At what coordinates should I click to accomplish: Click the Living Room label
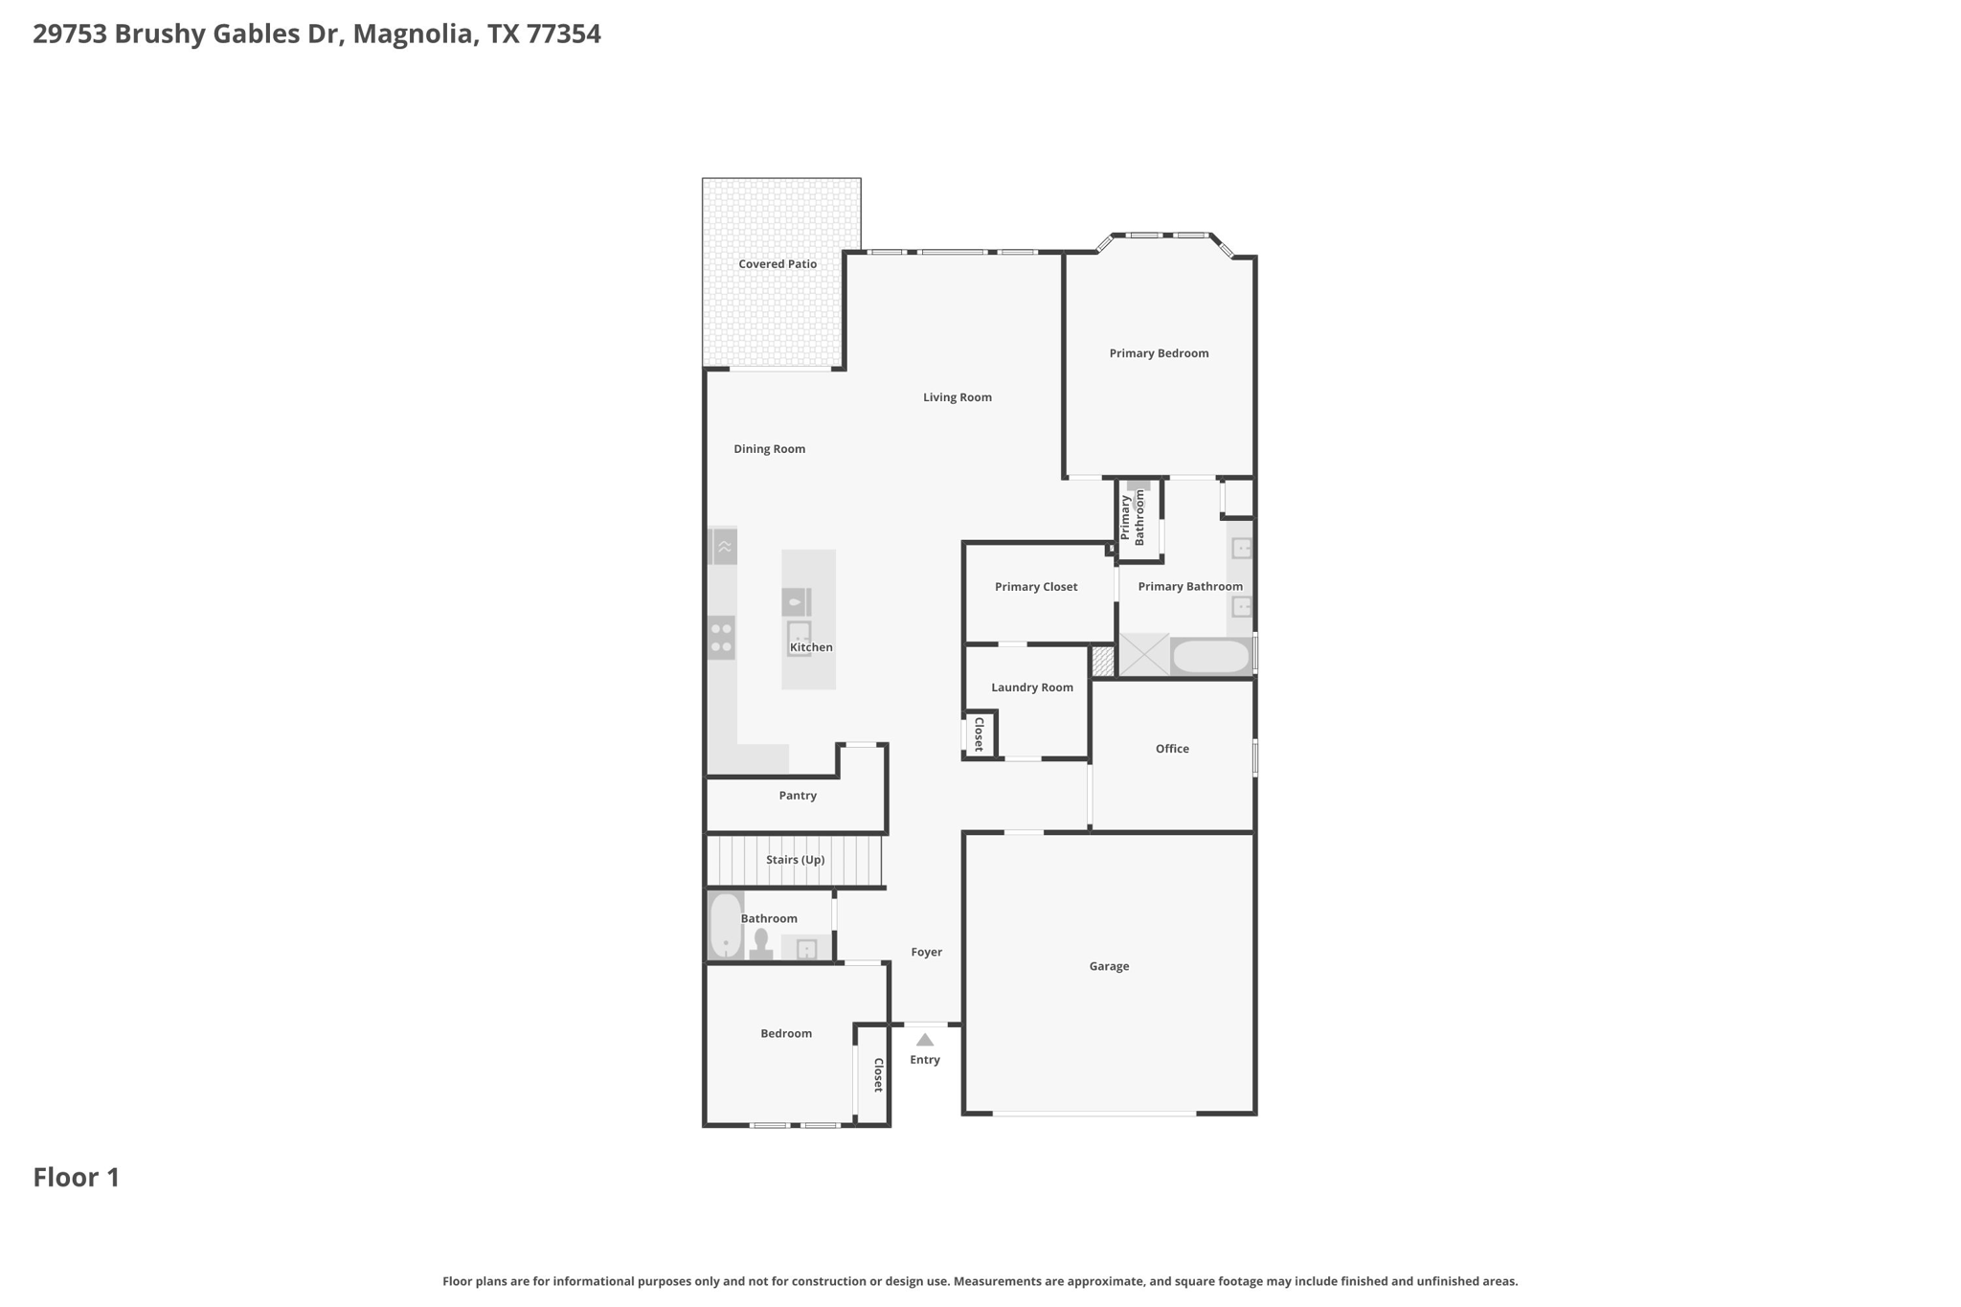(x=957, y=397)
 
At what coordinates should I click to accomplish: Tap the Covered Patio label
(x=778, y=264)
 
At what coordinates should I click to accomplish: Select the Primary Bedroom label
(x=1159, y=353)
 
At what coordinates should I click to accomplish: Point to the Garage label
(x=1109, y=966)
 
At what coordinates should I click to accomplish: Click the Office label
(x=1172, y=749)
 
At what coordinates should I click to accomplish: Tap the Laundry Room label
(x=1032, y=687)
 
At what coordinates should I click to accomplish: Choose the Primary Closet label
(x=1036, y=587)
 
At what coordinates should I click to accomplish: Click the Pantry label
(x=798, y=796)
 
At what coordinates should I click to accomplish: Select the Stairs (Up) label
(x=795, y=860)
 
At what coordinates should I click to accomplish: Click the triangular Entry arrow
(x=925, y=1040)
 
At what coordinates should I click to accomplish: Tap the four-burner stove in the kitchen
(x=722, y=638)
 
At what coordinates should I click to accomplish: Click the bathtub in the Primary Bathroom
(x=1211, y=657)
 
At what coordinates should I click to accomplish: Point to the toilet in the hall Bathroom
(x=761, y=944)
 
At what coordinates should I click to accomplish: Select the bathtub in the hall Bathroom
(x=726, y=925)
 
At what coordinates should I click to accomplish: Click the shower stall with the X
(x=1144, y=654)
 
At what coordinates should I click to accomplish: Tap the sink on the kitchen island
(x=799, y=639)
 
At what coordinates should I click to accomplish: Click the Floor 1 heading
(x=77, y=1178)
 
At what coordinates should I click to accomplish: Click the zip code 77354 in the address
(x=564, y=34)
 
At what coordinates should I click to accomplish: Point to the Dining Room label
(x=769, y=449)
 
